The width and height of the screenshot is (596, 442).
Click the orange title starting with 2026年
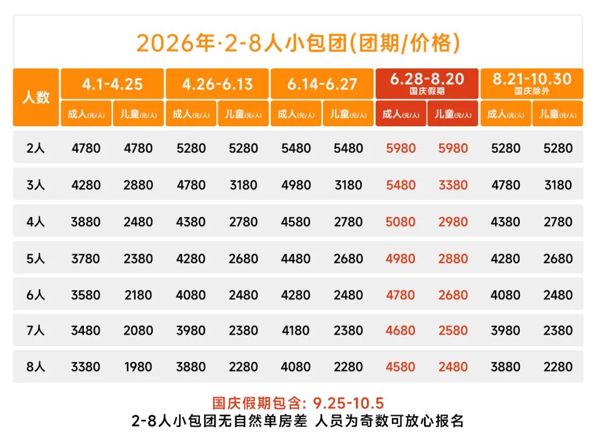click(x=298, y=43)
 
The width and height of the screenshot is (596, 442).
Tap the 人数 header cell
click(x=36, y=98)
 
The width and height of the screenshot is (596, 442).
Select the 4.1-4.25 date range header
click(x=112, y=84)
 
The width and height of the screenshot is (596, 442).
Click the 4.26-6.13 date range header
click(x=217, y=84)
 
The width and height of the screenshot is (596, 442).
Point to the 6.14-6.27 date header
click(x=322, y=84)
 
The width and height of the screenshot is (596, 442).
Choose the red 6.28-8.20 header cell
click(x=427, y=83)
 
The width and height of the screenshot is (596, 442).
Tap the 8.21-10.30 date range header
click(x=531, y=83)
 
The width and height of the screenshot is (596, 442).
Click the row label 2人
click(x=36, y=148)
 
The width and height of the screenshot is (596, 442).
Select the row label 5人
click(x=36, y=258)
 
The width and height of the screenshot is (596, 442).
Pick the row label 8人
click(x=36, y=366)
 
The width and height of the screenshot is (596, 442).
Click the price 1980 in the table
click(x=138, y=366)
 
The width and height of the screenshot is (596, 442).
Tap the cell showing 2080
click(x=138, y=331)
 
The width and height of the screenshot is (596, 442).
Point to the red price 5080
click(x=401, y=222)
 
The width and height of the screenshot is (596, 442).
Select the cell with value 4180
click(x=296, y=331)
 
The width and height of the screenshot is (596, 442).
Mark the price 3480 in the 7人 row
click(x=86, y=331)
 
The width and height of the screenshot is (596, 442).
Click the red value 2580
click(x=453, y=331)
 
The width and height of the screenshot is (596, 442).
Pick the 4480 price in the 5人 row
click(x=296, y=258)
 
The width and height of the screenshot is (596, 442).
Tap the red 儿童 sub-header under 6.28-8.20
click(x=453, y=114)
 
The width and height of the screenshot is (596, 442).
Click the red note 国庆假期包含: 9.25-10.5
click(x=298, y=403)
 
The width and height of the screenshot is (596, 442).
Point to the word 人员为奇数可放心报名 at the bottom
click(x=389, y=422)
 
